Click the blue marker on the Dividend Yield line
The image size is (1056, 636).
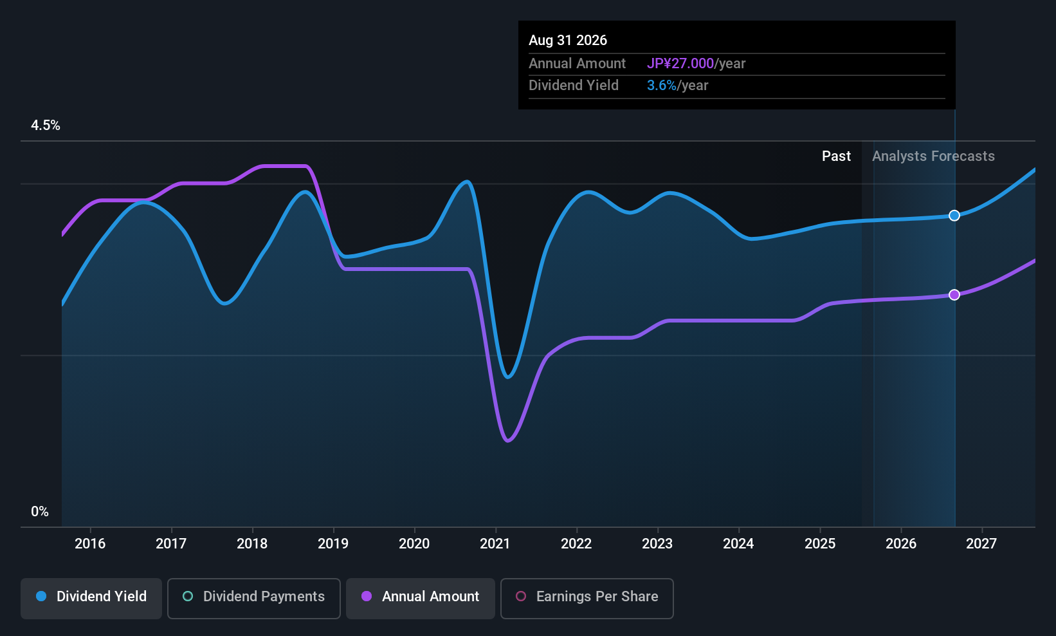point(954,216)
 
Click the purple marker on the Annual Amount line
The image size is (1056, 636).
point(954,295)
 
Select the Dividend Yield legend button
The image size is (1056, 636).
point(91,598)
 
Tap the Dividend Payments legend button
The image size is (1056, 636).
point(253,598)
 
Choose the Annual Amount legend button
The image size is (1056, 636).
point(421,598)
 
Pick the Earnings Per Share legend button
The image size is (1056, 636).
point(587,598)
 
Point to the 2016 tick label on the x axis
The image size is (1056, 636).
point(90,543)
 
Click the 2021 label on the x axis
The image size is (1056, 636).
point(495,543)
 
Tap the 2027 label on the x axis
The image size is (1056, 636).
point(981,543)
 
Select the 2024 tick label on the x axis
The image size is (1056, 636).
point(738,543)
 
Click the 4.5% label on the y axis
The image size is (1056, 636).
point(45,126)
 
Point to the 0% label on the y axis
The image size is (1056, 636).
point(40,512)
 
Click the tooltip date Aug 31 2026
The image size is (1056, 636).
point(568,41)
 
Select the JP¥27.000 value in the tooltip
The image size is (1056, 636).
point(680,63)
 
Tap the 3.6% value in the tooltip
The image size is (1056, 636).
point(661,86)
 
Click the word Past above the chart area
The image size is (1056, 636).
point(836,156)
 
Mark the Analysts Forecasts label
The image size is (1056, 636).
point(933,156)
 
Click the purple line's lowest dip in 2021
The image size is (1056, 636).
point(507,441)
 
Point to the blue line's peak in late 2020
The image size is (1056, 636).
point(467,181)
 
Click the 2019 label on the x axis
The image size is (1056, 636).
point(333,543)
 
